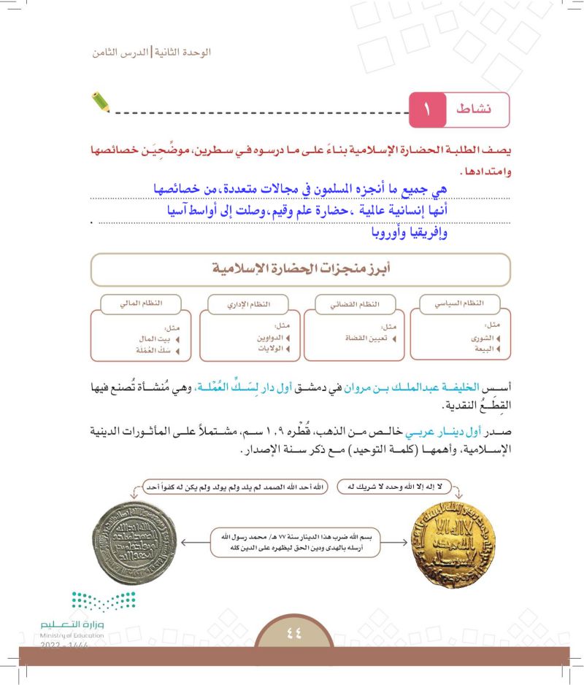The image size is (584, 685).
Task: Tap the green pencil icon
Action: coord(101,101)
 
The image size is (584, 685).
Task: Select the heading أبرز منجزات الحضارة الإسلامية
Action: coord(300,269)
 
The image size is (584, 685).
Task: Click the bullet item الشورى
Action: coord(483,338)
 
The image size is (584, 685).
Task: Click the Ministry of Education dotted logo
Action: coord(103,602)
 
